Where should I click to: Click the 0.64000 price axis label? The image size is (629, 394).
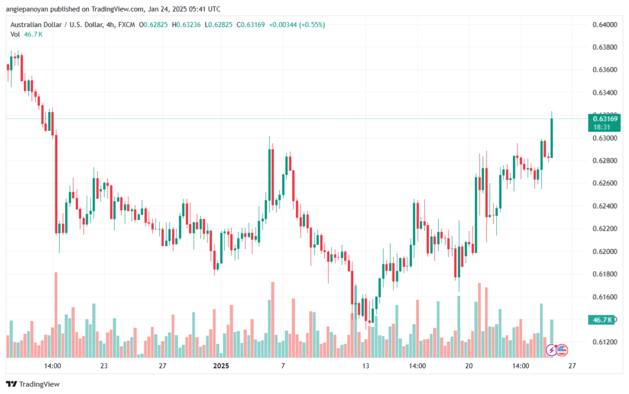pos(604,25)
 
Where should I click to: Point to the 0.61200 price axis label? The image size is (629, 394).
pos(604,342)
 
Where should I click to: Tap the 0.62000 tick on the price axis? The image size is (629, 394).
pos(604,251)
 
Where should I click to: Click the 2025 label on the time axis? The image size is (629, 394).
pos(221,366)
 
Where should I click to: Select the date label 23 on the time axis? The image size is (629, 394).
pos(104,366)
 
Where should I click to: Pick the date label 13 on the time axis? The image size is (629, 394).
pos(366,366)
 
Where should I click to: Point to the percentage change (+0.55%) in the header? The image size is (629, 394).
pos(311,25)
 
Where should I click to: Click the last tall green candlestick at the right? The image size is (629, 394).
pos(552,138)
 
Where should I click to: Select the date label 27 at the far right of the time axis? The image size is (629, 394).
pos(572,366)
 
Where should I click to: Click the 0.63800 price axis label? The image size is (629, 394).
pos(604,47)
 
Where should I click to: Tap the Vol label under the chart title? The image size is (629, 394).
pos(15,34)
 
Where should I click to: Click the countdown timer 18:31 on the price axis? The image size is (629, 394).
pos(601,127)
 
